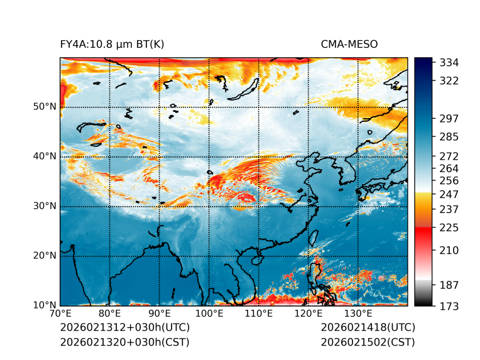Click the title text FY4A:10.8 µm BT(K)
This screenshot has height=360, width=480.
coord(112,45)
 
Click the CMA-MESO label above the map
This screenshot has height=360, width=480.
coord(349,45)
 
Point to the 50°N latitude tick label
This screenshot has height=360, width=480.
coord(44,107)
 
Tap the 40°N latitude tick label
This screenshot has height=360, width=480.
coord(44,156)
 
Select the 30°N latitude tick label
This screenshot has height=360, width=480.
coord(44,206)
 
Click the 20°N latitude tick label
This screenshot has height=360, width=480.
coord(44,256)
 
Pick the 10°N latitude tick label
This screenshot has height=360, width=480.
coord(44,305)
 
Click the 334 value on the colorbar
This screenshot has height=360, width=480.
coord(449,63)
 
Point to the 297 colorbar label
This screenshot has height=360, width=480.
coord(449,118)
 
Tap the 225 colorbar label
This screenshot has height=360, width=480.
coord(449,227)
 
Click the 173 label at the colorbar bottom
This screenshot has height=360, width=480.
coord(449,306)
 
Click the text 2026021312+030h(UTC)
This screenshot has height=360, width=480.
coord(124,327)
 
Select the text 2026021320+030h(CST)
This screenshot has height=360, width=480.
coord(124,342)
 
